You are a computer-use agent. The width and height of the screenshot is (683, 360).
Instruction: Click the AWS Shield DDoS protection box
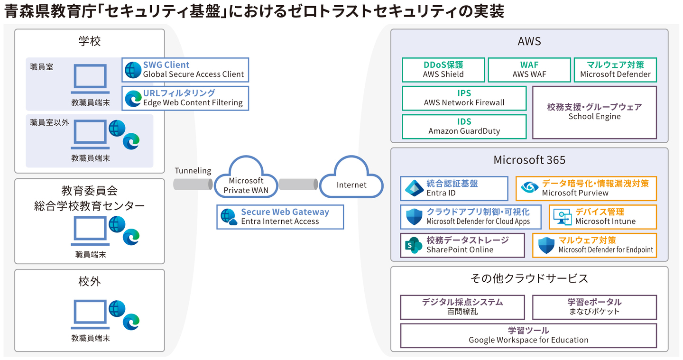tap(443, 70)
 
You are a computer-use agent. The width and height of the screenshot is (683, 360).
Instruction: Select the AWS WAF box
tap(529, 70)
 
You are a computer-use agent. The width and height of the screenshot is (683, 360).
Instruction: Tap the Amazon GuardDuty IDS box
tap(464, 127)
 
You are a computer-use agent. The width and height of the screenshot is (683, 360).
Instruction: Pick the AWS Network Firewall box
tap(464, 98)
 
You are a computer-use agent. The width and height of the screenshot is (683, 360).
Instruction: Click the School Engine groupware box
tap(594, 112)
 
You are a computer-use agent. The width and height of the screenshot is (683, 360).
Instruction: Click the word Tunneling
tap(193, 171)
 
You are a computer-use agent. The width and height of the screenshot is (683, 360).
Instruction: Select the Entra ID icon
tap(414, 188)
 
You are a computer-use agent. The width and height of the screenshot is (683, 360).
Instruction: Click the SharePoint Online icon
tap(414, 245)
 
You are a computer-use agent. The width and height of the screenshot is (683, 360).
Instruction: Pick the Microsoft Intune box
tap(602, 217)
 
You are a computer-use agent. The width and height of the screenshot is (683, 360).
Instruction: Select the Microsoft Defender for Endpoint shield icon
tap(546, 245)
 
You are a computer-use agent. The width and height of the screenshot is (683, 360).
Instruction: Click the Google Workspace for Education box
tap(528, 335)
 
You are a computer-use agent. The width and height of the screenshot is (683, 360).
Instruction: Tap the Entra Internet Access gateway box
tap(280, 217)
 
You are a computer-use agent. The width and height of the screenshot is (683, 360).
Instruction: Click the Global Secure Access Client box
tap(185, 70)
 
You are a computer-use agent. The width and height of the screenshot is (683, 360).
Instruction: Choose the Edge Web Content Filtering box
tap(185, 98)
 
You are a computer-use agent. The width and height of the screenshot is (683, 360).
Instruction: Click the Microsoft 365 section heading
tap(529, 160)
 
